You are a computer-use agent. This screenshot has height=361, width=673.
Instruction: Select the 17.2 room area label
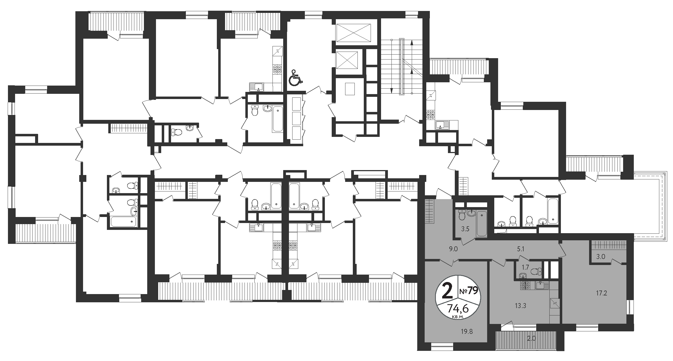(x=599, y=293)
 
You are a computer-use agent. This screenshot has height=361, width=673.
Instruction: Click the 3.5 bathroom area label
(x=465, y=229)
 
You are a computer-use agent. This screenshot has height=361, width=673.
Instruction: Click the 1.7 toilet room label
(x=525, y=267)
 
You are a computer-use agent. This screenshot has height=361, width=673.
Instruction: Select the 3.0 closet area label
(x=599, y=257)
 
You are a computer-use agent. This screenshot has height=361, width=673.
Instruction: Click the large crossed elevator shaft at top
(x=353, y=33)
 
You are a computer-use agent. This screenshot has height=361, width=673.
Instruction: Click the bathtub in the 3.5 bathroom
(x=482, y=224)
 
